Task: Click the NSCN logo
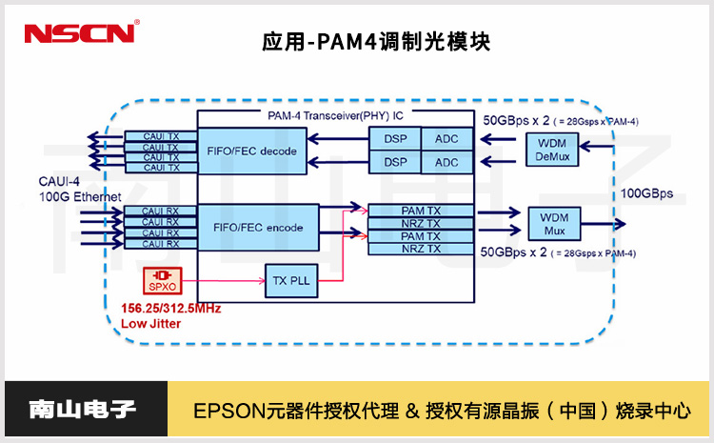coord(81,34)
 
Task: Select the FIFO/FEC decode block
coord(251,151)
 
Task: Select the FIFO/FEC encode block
coord(251,228)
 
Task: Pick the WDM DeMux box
coord(552,149)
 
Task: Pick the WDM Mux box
coord(552,226)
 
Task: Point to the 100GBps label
coord(647,194)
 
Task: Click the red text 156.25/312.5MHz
coord(170,308)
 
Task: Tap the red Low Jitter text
coord(150,323)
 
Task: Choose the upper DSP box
coord(395,139)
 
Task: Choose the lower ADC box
coord(446,163)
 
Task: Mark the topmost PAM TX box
coord(420,209)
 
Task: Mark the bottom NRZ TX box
coord(420,249)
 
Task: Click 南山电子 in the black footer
coord(84,412)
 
